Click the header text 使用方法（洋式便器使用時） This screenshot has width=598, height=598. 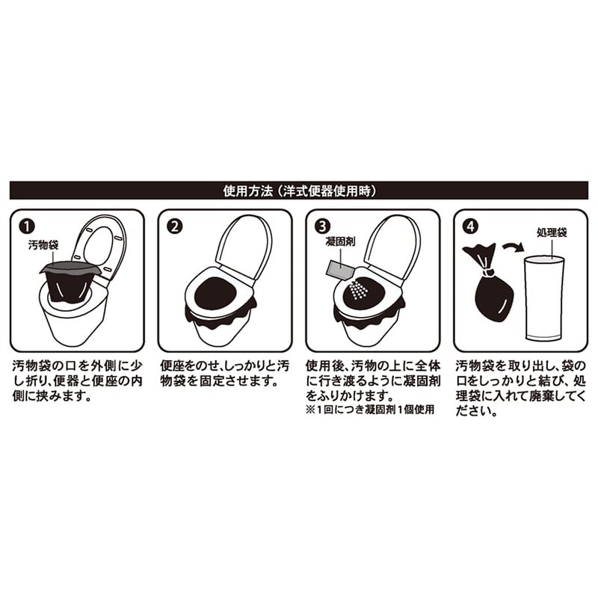tap(299, 191)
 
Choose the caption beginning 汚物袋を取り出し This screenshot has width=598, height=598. tap(517, 389)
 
